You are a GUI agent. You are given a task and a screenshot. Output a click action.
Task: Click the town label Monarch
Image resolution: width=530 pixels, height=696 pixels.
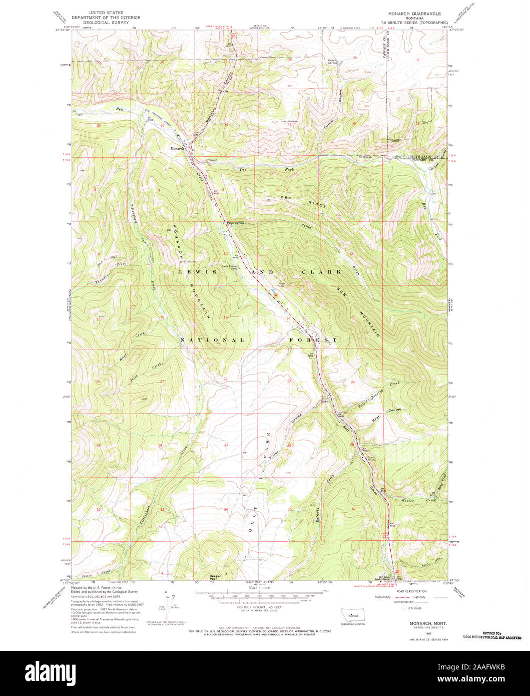pos(177,149)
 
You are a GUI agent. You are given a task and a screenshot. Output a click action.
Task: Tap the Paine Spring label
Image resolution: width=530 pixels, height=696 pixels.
pos(235,223)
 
